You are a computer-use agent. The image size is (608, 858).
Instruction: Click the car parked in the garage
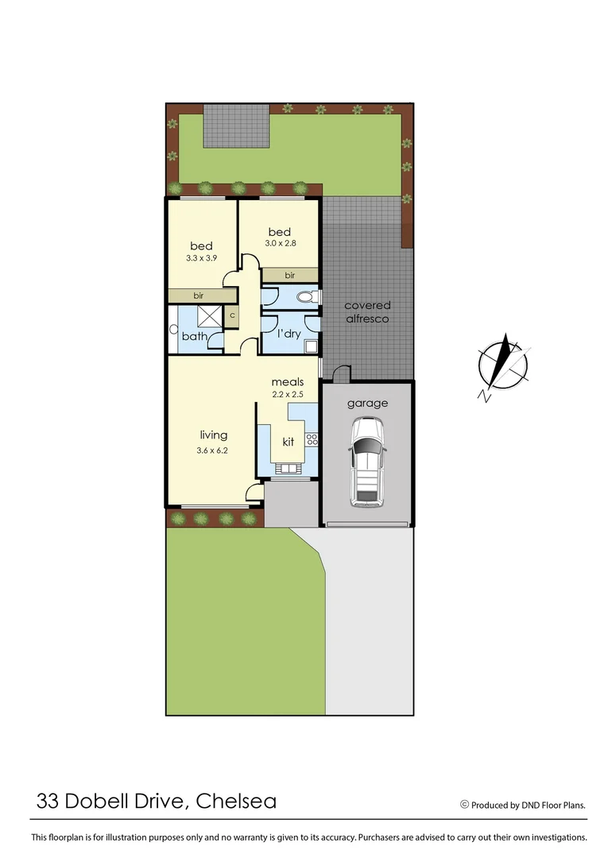tap(367, 463)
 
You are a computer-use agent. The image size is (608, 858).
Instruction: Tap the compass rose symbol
tap(503, 364)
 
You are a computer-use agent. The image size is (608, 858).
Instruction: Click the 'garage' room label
tap(367, 403)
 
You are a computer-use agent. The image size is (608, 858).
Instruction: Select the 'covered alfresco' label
tap(367, 312)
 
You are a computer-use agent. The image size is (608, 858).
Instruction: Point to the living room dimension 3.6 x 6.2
tap(213, 450)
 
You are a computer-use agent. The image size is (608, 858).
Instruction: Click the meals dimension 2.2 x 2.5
tap(287, 395)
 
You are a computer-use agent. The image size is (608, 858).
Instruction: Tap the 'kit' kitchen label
tap(289, 440)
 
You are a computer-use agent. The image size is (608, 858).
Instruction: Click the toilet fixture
tap(306, 298)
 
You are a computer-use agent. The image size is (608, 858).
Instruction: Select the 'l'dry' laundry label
tap(288, 334)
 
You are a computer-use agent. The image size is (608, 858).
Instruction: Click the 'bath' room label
tap(194, 337)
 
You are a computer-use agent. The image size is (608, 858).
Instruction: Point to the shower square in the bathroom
tap(208, 315)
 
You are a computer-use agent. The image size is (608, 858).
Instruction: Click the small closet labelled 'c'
tap(232, 315)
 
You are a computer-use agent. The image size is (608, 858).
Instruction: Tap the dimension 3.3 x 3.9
tap(200, 258)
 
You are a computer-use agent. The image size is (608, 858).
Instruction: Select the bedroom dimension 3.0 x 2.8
tap(280, 243)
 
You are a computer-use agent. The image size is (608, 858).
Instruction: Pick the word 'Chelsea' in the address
tap(236, 801)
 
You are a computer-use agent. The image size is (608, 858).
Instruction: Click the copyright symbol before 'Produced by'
tap(464, 804)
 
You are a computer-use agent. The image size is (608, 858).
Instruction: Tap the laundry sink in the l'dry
tap(310, 346)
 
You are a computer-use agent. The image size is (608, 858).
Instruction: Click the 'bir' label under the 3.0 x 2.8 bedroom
tap(291, 274)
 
